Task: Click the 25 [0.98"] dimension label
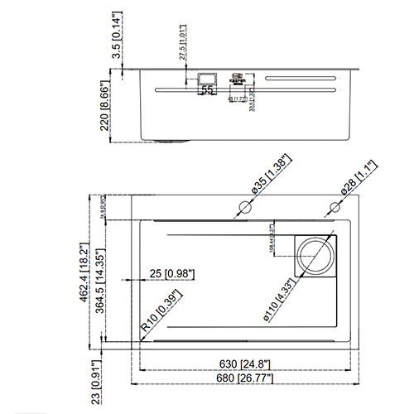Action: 166,274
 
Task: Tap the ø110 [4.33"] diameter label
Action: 278,301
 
